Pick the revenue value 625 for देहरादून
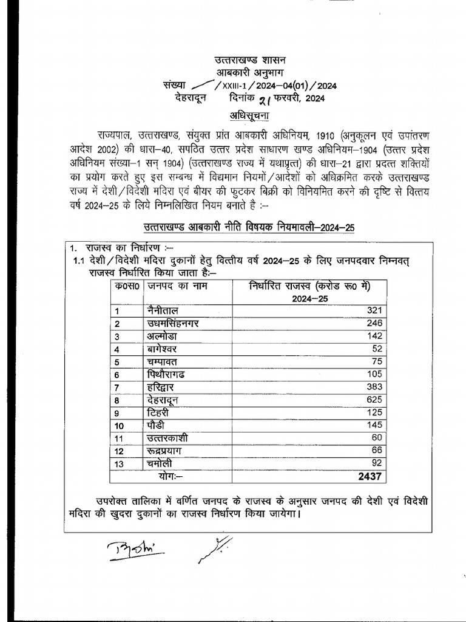(x=373, y=399)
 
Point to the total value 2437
(x=370, y=476)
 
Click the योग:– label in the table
(x=172, y=476)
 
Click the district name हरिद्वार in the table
(x=164, y=386)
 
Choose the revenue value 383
(x=373, y=386)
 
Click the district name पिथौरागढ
(x=172, y=374)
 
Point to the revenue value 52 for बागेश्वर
(x=376, y=349)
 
